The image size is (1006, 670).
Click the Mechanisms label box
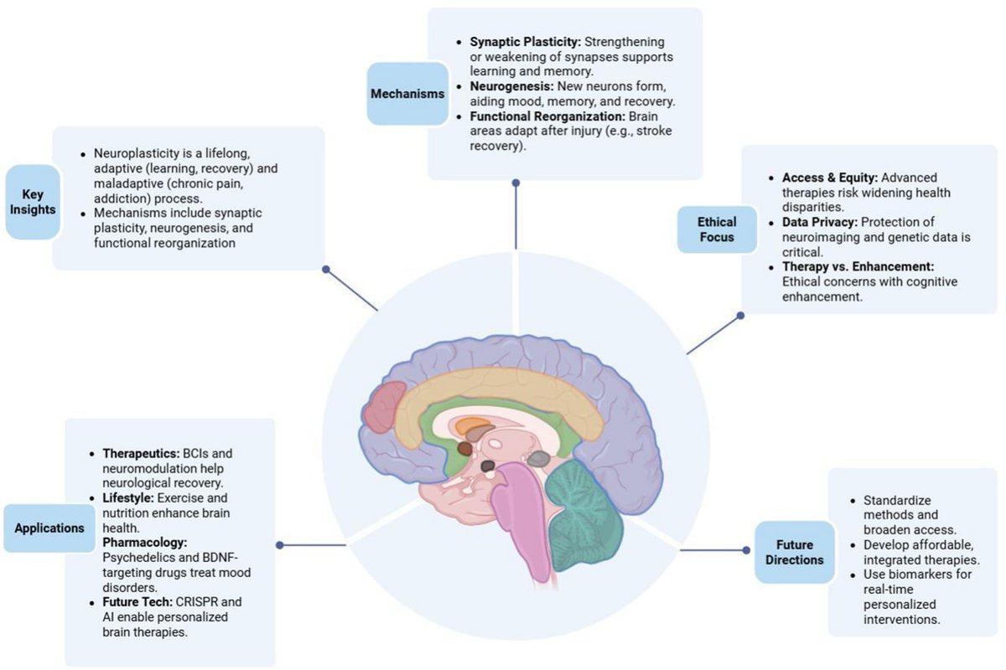(407, 94)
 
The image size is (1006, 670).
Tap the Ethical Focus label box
(717, 230)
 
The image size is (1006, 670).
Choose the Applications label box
(49, 528)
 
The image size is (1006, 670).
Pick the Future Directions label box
(794, 552)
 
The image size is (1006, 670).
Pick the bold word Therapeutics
(140, 453)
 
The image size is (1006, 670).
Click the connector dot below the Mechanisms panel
(516, 182)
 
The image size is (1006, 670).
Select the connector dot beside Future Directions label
(745, 550)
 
